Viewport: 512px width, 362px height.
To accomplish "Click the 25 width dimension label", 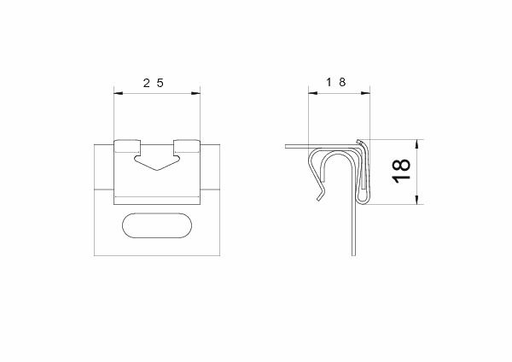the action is click(x=153, y=83).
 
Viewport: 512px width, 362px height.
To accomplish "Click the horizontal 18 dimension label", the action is click(x=336, y=82).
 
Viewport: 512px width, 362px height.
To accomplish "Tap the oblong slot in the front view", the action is click(x=157, y=225).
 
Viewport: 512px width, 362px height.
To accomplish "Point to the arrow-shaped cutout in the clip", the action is click(x=157, y=163).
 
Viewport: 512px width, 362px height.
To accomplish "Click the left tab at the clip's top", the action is click(x=127, y=146).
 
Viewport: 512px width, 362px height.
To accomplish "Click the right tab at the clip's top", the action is click(x=187, y=146).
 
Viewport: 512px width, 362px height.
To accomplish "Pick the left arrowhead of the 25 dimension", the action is click(x=119, y=93).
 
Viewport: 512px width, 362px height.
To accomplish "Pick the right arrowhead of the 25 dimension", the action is click(x=196, y=93).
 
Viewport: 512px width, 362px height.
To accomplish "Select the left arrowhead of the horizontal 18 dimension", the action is click(x=313, y=93).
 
